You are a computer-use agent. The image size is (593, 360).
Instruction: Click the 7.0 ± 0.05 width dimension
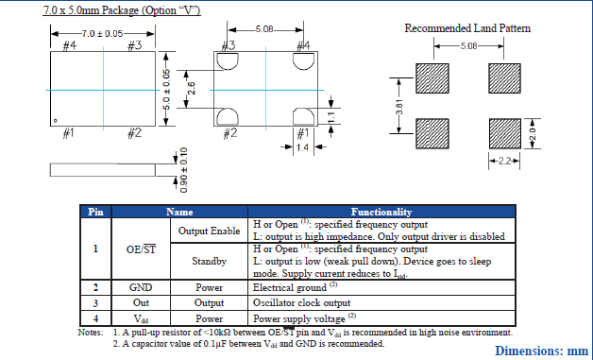point(103,34)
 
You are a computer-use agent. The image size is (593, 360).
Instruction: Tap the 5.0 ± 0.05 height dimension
point(167,90)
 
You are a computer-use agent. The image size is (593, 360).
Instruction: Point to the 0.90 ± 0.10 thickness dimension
point(183,170)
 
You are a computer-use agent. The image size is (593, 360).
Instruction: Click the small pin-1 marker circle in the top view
point(55,121)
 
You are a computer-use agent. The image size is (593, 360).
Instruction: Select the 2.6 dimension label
point(192,89)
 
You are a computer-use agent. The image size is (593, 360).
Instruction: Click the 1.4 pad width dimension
point(302,146)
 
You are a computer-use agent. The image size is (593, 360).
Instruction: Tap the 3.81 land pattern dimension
point(399,107)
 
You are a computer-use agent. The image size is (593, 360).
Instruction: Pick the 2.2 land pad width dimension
point(504,161)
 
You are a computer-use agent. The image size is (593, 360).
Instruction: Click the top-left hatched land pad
point(432,78)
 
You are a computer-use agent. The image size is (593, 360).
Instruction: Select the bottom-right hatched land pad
point(505,133)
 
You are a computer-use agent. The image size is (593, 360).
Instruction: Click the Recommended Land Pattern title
point(467,28)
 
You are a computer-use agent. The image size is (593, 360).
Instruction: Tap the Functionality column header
point(381,212)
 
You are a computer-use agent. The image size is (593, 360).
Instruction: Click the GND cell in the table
point(141,287)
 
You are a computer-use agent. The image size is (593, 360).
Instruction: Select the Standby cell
point(209,261)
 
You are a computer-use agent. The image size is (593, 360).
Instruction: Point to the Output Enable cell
point(209,231)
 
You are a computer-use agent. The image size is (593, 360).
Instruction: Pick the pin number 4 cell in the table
point(95,318)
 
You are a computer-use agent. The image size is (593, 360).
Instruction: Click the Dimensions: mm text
point(542,351)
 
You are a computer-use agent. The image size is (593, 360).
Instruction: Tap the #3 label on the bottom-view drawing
point(229,45)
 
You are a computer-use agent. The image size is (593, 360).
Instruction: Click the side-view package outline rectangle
point(103,170)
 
